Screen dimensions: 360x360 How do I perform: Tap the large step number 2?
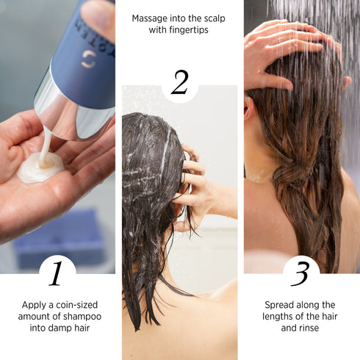click(179, 83)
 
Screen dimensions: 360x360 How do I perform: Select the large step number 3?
click(300, 274)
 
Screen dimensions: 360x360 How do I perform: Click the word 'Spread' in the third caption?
click(280, 303)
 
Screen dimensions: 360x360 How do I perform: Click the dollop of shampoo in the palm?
click(40, 169)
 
